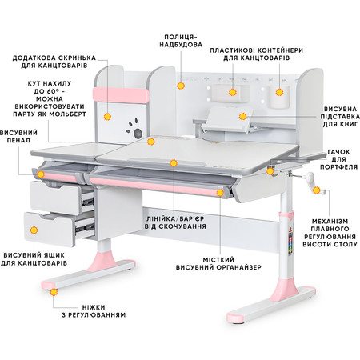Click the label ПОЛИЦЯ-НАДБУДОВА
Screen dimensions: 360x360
pos(181,41)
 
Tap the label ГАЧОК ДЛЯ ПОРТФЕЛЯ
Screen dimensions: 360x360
pos(338,159)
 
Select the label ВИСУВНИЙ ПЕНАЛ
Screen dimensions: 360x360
pos(18,136)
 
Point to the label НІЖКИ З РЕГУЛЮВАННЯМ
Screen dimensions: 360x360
pos(94,311)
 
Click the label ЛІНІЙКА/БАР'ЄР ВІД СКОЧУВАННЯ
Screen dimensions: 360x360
pos(175,222)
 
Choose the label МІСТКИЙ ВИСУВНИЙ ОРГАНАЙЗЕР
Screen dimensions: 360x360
pos(218,263)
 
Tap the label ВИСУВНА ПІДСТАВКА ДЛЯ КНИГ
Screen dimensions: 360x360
pos(340,117)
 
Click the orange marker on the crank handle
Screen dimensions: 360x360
pos(317,190)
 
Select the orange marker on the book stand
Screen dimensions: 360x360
pos(242,116)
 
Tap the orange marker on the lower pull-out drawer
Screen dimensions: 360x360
pos(34,230)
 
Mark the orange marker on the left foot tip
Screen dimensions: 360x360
pos(54,292)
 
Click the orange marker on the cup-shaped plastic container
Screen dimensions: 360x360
pos(279,92)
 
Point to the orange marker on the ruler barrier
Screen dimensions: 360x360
pos(174,163)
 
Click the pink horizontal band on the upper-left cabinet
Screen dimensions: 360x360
pos(121,95)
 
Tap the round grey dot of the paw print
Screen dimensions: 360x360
pos(138,133)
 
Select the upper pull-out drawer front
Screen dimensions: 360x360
pos(55,198)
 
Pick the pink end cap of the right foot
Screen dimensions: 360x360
pos(235,318)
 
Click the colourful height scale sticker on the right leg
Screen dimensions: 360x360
pos(290,243)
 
